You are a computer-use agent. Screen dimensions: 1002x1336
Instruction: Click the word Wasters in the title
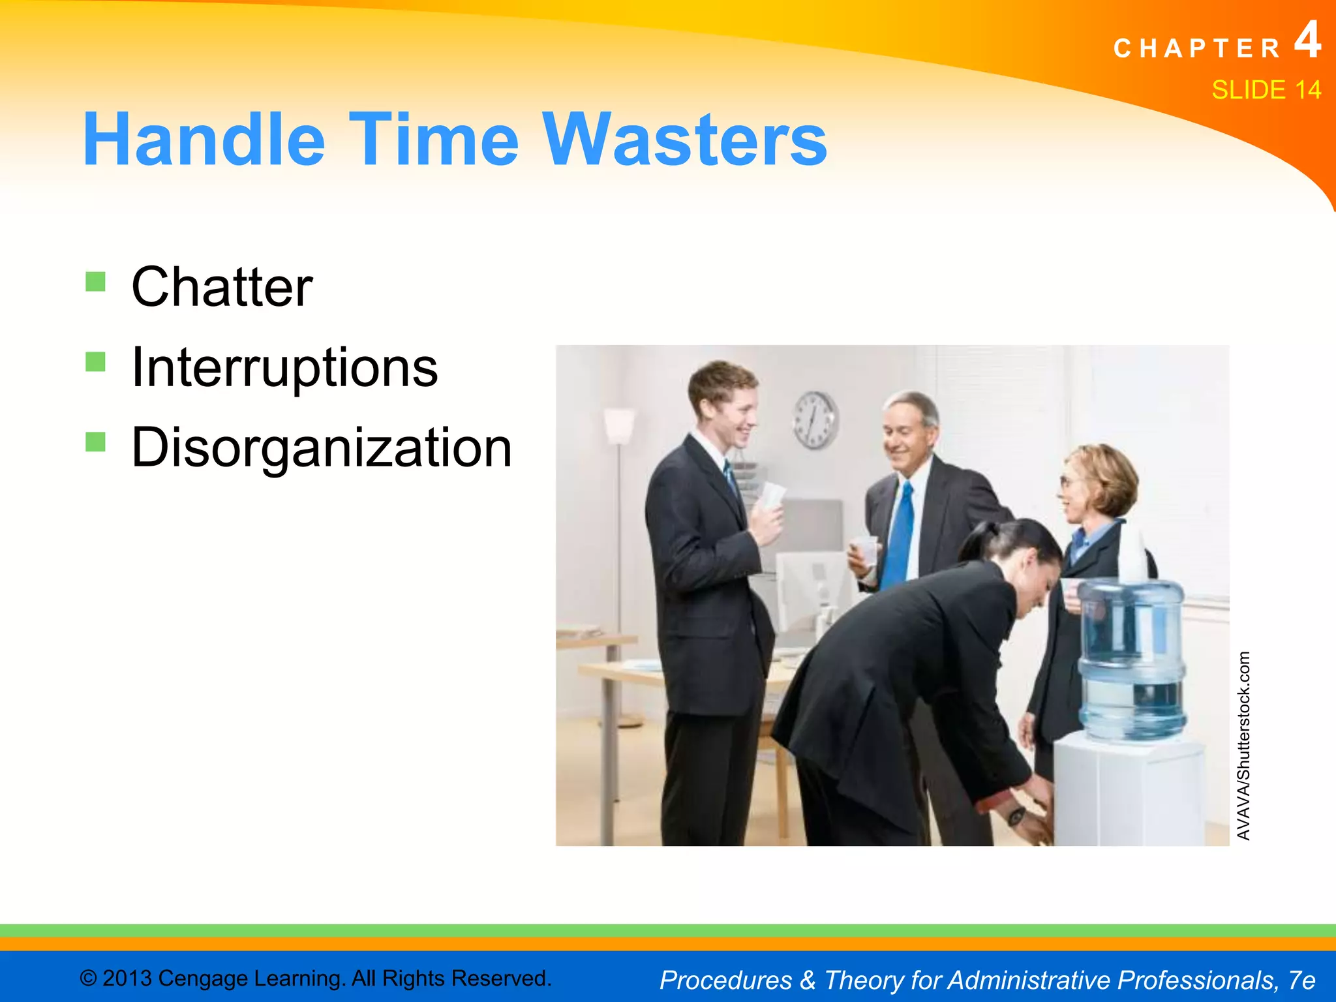tap(685, 140)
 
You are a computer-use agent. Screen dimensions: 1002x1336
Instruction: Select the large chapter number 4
tap(1307, 40)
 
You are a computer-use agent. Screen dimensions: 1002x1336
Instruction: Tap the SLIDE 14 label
tap(1266, 90)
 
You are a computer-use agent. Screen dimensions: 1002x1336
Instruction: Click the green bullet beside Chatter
tap(95, 282)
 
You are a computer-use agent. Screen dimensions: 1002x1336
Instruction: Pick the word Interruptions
tap(284, 368)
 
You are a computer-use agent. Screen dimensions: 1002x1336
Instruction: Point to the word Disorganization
tap(321, 448)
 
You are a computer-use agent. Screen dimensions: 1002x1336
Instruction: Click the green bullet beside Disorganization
tap(95, 442)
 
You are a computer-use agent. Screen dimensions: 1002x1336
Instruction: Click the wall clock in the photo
tap(815, 420)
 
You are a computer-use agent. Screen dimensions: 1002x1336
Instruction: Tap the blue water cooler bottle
tap(1132, 659)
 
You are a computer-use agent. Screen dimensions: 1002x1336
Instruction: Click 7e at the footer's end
tap(1301, 980)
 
